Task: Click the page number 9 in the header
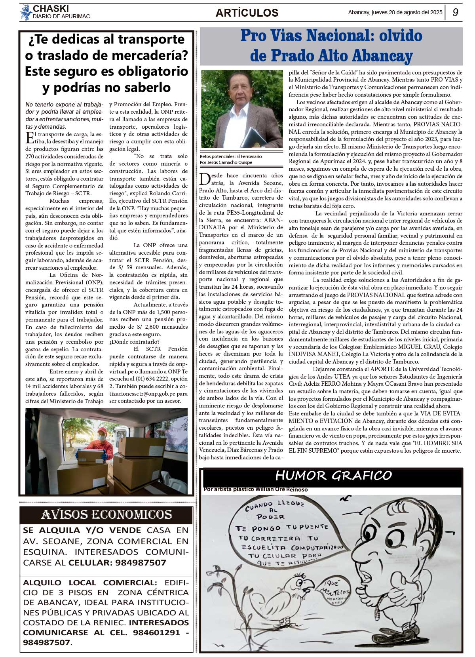[455, 12]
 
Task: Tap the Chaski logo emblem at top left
[26, 12]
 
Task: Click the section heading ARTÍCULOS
[247, 13]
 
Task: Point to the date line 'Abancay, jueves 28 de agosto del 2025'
[395, 12]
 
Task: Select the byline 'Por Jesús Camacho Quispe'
[226, 162]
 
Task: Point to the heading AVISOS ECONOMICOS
[106, 514]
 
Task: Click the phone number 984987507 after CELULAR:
[141, 563]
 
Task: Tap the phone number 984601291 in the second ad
[156, 632]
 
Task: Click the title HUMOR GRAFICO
[333, 475]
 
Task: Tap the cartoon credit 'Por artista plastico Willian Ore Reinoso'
[256, 489]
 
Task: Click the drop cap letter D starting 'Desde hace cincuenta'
[205, 179]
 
